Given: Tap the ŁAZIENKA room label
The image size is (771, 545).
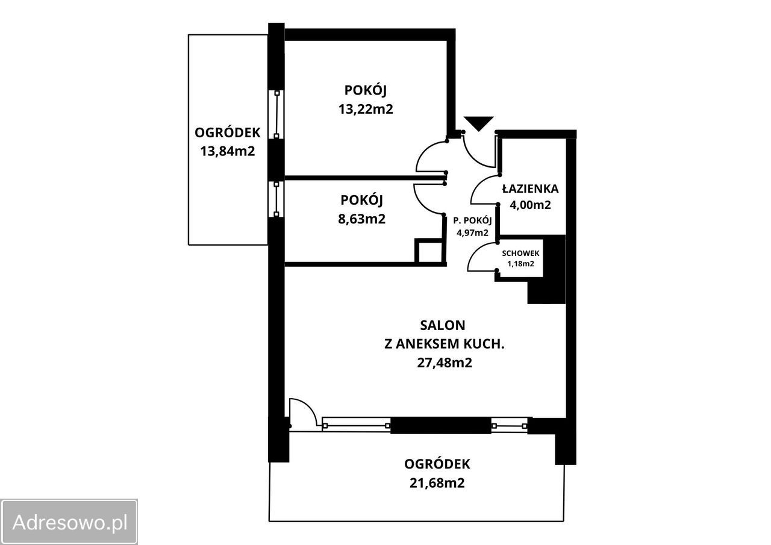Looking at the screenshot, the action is click(x=531, y=188).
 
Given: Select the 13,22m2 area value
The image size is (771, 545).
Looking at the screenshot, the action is click(x=366, y=109).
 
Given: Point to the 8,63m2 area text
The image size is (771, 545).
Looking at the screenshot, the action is click(x=362, y=219).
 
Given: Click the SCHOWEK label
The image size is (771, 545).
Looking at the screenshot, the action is click(x=520, y=254).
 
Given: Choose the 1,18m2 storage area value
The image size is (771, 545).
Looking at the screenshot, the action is click(x=520, y=264).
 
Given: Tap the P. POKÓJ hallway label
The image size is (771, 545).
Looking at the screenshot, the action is click(x=472, y=220).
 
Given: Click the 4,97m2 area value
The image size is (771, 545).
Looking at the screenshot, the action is click(x=472, y=233).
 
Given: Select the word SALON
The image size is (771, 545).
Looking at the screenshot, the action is click(x=443, y=325).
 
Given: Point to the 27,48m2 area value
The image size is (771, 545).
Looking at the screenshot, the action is click(x=445, y=363).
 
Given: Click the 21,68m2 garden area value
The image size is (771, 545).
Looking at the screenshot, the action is click(x=437, y=483).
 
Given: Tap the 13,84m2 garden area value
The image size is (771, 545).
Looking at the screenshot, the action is click(x=228, y=151).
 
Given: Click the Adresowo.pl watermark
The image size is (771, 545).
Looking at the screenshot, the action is click(x=69, y=522).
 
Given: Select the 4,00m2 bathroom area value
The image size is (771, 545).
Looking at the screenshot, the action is click(x=530, y=205).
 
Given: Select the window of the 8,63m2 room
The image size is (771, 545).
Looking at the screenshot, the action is click(x=276, y=199).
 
